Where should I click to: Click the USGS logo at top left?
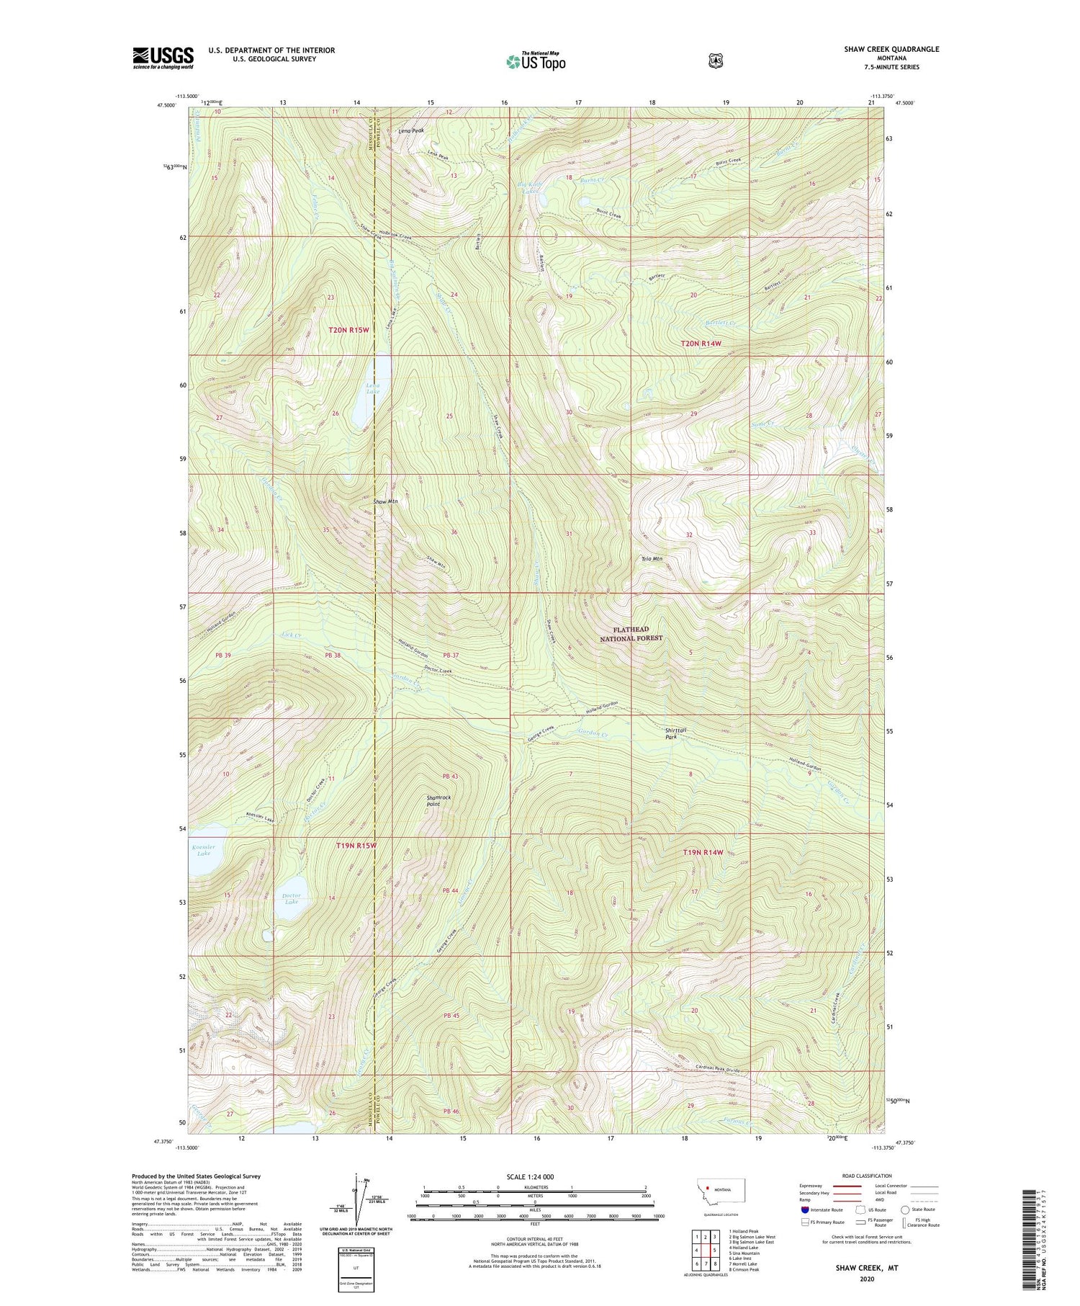(x=163, y=58)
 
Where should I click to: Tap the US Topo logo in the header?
(x=536, y=61)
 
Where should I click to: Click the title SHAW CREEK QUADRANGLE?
(x=891, y=49)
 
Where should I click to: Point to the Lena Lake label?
(x=372, y=389)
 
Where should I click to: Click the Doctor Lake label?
(x=291, y=898)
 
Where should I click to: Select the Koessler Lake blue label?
(x=204, y=850)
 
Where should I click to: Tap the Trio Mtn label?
(x=652, y=558)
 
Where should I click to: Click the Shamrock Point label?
(x=438, y=800)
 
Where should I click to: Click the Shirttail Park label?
(x=675, y=733)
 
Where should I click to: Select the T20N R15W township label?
(x=348, y=330)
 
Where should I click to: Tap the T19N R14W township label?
(x=702, y=852)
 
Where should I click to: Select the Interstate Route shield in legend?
(x=805, y=1209)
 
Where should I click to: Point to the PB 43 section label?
(x=451, y=776)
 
